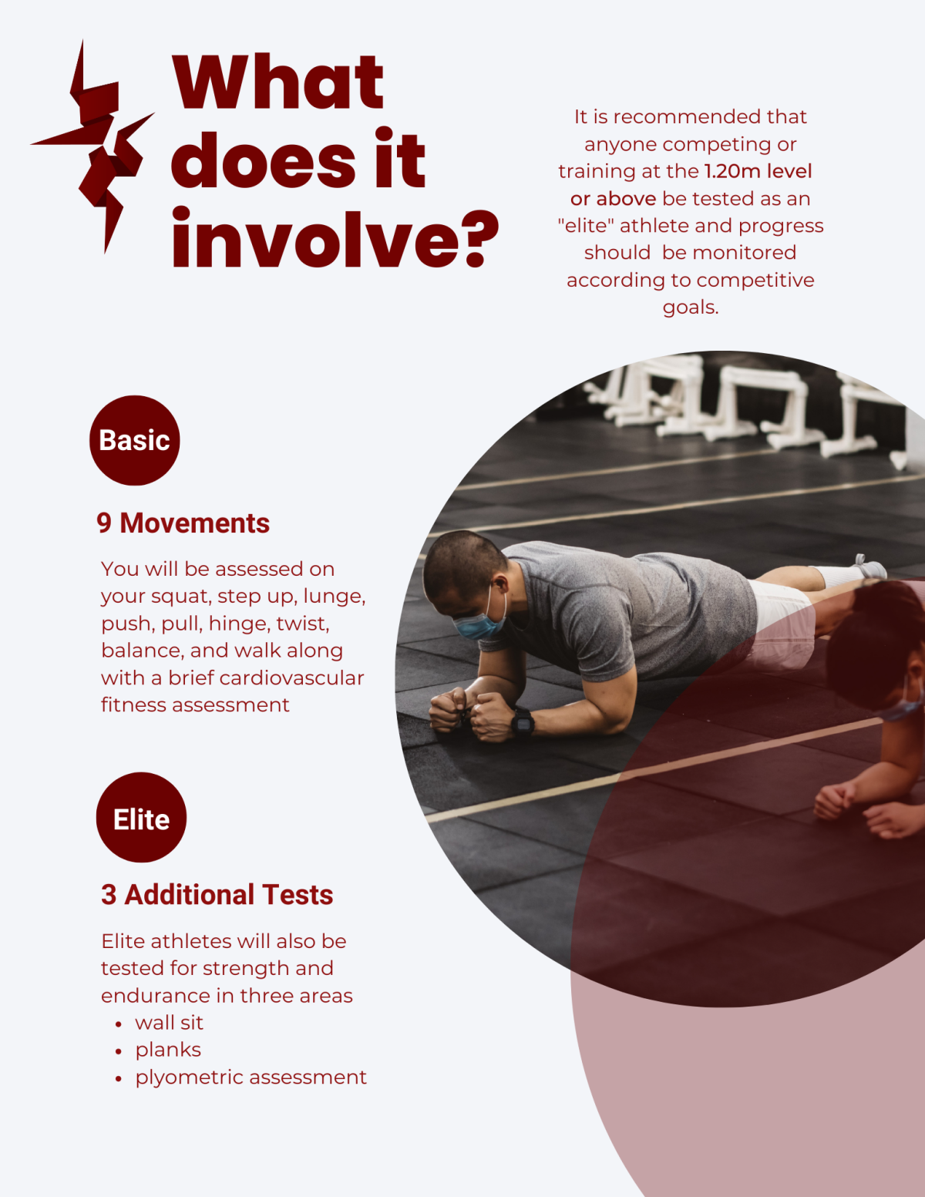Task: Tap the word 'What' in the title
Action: (277, 82)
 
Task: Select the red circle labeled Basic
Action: (135, 440)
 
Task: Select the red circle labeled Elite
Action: (141, 818)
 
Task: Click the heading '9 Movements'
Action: (183, 523)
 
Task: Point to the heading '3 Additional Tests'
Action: (217, 895)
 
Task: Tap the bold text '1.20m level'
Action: (758, 171)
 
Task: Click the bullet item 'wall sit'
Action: (169, 1023)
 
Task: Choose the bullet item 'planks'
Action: (168, 1050)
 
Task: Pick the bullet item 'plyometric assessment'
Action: (251, 1077)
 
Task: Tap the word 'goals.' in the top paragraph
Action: (691, 308)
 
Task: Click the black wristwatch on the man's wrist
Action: (523, 722)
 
